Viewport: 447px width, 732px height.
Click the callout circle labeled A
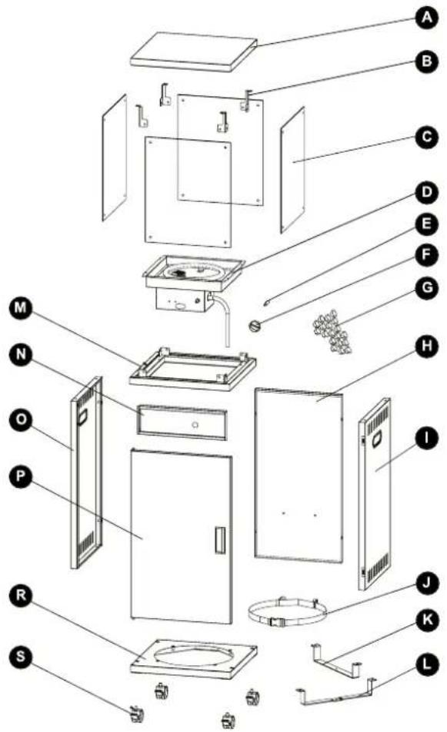coord(426,18)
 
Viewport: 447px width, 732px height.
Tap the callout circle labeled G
coord(427,287)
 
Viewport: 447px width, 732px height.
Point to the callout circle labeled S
coord(21,656)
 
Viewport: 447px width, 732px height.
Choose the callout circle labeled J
coord(427,584)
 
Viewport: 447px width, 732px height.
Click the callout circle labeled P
coord(21,477)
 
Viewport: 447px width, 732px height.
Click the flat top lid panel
coord(194,51)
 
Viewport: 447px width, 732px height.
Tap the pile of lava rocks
coord(333,331)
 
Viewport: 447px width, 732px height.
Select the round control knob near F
coord(255,326)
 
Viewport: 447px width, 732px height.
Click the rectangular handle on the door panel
coord(220,540)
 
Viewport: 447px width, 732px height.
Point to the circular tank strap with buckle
coord(287,612)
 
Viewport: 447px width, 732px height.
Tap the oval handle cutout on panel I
coord(376,439)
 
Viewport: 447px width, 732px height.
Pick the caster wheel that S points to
coord(136,714)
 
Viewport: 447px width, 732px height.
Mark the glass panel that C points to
coord(293,170)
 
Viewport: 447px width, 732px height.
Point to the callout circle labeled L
coord(427,664)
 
